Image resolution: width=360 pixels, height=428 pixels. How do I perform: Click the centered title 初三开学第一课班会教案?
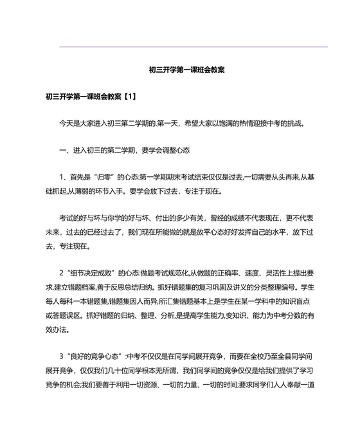coord(186,70)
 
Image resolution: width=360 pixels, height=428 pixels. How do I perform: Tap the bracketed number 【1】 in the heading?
coord(127,96)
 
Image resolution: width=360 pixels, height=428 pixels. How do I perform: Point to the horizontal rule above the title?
coord(193,46)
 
